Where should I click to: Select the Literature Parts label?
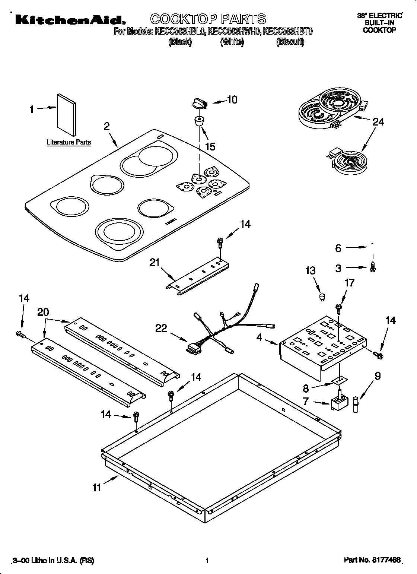[69, 142]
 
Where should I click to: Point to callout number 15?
[210, 146]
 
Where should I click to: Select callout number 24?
[378, 122]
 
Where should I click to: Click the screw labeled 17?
[339, 307]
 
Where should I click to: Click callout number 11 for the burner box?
[97, 488]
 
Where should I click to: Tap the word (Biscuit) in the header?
[290, 42]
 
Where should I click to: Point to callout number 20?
[43, 312]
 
